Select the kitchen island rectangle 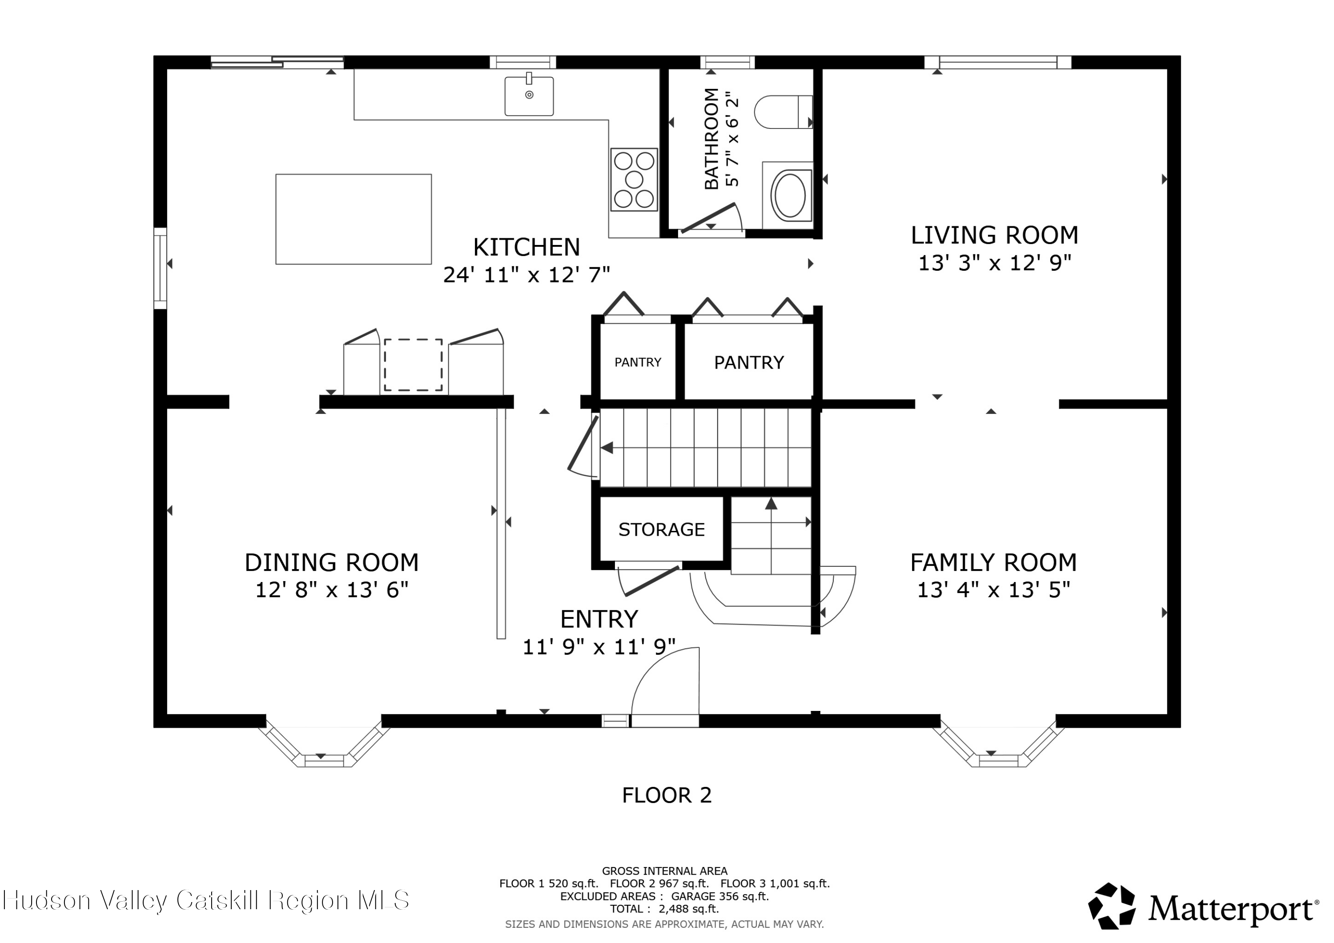[x=353, y=219]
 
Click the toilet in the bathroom [x=783, y=112]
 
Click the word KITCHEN [x=526, y=248]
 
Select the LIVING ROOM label [x=994, y=235]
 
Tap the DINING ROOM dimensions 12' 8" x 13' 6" [x=332, y=590]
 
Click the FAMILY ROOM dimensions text [x=993, y=590]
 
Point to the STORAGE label [x=661, y=530]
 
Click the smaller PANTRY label [x=638, y=362]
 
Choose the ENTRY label [x=599, y=619]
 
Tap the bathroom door [x=707, y=218]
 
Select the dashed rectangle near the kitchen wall [x=413, y=365]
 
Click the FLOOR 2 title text [x=667, y=795]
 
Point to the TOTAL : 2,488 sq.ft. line [x=664, y=909]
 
